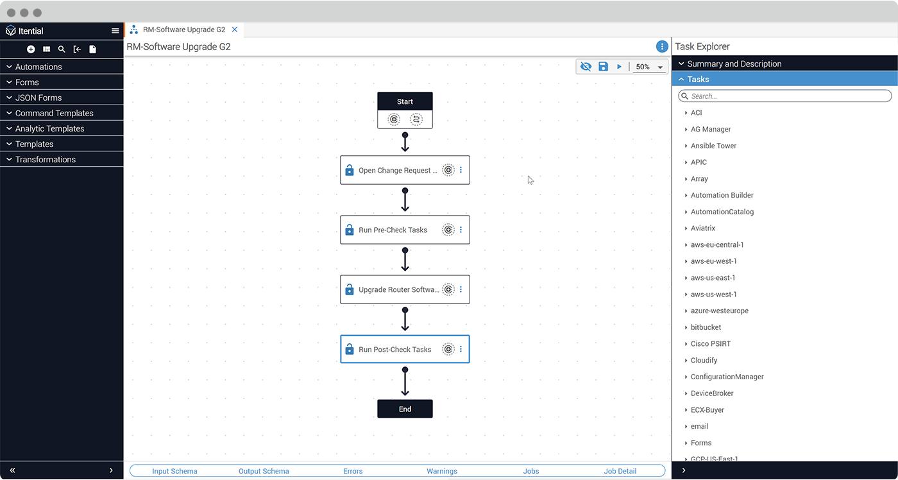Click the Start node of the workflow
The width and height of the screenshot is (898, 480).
(405, 101)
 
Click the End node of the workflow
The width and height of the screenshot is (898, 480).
(405, 409)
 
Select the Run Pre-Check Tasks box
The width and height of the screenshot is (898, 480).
(393, 230)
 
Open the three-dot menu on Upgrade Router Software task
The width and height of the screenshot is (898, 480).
(461, 289)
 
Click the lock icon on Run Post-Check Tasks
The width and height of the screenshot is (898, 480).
(350, 350)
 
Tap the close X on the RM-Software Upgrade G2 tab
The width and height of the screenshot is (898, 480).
(235, 30)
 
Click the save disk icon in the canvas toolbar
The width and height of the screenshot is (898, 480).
(603, 67)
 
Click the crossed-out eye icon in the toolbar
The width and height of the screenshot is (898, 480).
(586, 67)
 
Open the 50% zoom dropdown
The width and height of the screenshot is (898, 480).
(650, 67)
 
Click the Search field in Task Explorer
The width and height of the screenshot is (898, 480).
(784, 96)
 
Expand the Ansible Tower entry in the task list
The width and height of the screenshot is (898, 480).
(713, 146)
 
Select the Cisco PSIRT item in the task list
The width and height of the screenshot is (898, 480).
(710, 344)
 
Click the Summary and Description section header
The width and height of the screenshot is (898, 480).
(734, 64)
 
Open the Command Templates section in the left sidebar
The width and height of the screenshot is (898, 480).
(55, 113)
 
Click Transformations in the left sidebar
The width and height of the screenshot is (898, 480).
(46, 159)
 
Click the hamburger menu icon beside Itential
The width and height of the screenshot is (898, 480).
(115, 31)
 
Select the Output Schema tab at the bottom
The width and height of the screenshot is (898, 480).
(264, 471)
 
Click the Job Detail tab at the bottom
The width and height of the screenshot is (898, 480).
(620, 471)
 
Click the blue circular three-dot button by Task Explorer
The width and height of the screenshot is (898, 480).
(662, 47)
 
